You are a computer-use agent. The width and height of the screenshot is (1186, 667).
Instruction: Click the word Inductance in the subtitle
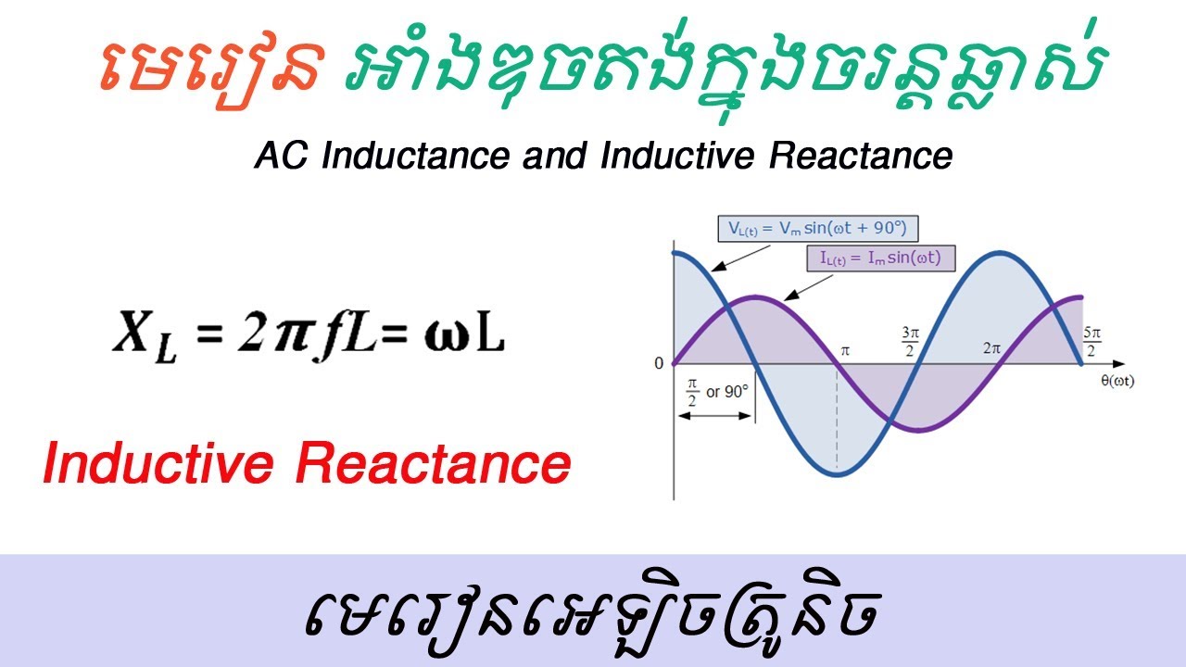413,157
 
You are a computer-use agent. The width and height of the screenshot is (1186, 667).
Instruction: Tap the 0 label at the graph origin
659,363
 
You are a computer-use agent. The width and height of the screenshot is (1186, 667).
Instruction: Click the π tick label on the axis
844,350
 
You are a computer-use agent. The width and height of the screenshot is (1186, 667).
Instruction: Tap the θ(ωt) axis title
1116,381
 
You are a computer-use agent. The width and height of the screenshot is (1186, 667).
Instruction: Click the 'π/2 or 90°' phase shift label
715,392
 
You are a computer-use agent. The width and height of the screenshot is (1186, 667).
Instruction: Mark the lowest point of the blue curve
837,474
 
